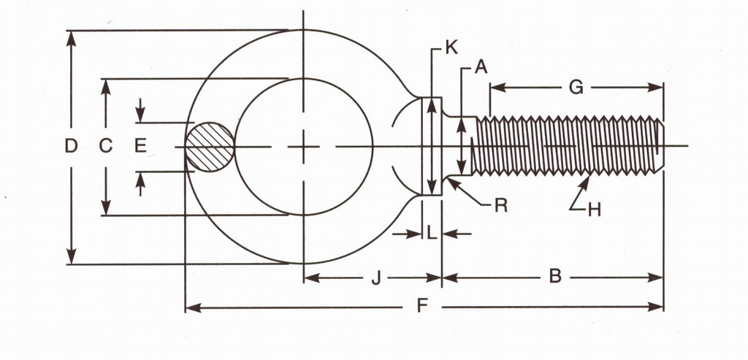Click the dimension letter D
coord(71,147)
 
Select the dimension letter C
coord(106,147)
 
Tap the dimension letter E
coord(140,147)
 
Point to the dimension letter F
coord(421,307)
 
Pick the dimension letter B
coord(554,277)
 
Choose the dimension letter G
coord(576,88)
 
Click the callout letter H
coord(594,210)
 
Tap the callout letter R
coord(500,205)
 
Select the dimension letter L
coord(432,234)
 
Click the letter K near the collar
coord(451,49)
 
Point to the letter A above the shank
coord(480,68)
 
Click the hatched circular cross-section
coord(210,147)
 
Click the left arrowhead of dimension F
coord(191,307)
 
